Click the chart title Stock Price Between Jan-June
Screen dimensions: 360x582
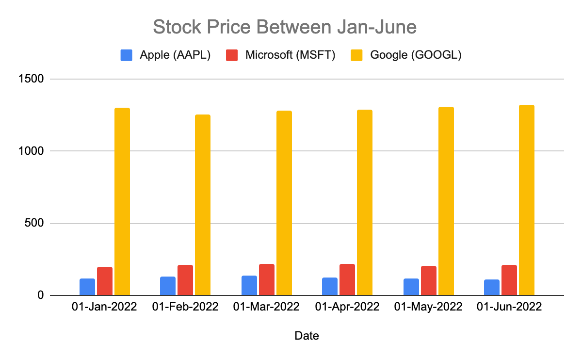[x=285, y=27]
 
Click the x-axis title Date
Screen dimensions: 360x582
[x=307, y=335]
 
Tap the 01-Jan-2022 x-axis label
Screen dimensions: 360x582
[x=104, y=307]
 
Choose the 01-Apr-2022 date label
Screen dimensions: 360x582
[x=347, y=307]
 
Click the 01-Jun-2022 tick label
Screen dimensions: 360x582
[x=509, y=307]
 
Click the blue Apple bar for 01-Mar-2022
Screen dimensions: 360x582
[x=249, y=285]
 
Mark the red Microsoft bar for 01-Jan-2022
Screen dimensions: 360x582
[x=105, y=281]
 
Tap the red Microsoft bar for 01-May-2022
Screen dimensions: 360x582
[x=429, y=280]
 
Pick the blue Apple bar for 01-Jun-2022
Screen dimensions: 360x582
[x=491, y=287]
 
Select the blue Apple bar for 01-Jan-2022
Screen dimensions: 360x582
[x=87, y=287]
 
